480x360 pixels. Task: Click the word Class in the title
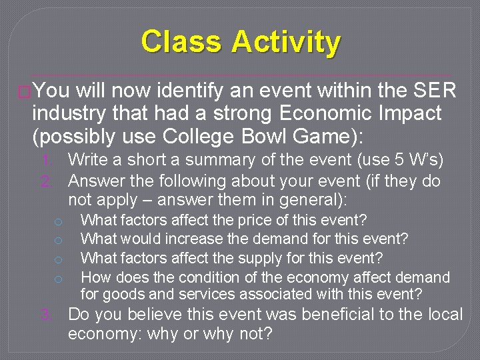point(182,42)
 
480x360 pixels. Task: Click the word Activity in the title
point(286,42)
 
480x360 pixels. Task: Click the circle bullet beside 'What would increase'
point(59,239)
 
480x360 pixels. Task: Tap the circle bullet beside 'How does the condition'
point(59,278)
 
